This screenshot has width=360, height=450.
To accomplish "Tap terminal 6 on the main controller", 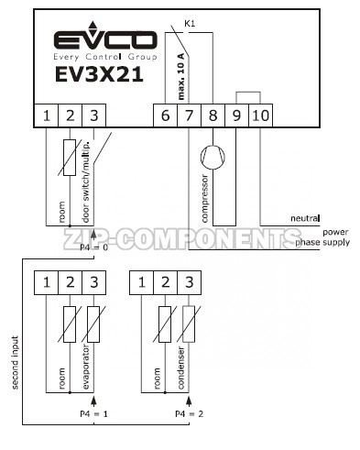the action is coord(165,115).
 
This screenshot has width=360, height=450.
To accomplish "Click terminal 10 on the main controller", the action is coord(260,115).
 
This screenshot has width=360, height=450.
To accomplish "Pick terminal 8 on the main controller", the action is coord(213,115).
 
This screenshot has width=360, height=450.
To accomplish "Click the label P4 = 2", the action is coord(190,413).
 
